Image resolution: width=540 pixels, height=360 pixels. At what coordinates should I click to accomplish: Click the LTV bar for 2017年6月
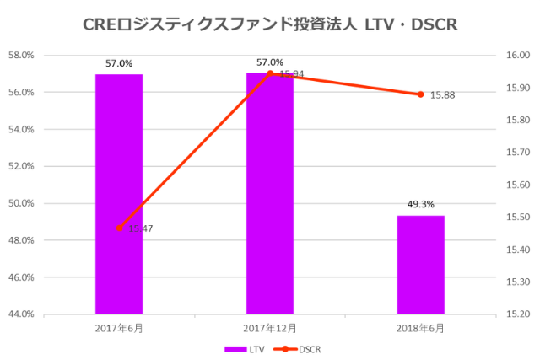(x=119, y=194)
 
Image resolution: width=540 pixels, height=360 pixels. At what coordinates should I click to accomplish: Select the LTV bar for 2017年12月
(x=270, y=194)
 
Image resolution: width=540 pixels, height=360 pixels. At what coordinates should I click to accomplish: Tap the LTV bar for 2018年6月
(x=420, y=265)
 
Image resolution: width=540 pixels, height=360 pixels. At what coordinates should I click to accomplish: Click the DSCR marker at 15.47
(x=119, y=228)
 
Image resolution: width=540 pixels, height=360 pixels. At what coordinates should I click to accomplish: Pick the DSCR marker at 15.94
(x=270, y=73)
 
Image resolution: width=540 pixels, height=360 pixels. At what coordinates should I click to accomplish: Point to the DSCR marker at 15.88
(x=420, y=94)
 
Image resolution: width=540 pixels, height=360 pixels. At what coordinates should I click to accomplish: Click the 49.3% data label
(x=420, y=204)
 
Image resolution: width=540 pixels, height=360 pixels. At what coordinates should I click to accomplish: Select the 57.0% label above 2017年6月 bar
(x=119, y=62)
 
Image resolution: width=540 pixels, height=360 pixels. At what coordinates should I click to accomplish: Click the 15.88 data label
(x=442, y=95)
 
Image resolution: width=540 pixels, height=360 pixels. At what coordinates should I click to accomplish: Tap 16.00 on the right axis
(x=516, y=56)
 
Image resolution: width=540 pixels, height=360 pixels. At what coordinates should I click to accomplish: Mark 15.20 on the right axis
(x=516, y=314)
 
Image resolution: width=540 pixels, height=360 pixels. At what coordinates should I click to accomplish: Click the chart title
(x=270, y=24)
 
